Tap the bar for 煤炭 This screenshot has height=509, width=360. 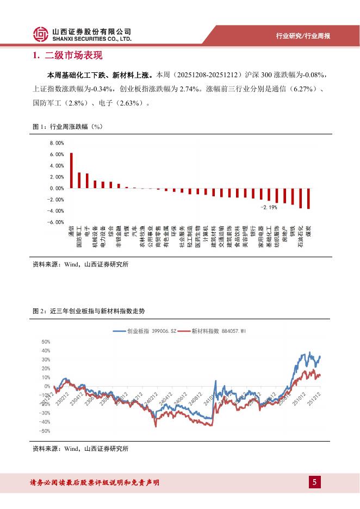tap(309, 198)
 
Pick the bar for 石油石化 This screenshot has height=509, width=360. tap(301, 198)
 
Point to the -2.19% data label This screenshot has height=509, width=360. tap(269, 207)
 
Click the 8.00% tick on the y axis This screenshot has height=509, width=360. tap(57, 143)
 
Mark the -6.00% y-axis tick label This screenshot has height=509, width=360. tap(56, 222)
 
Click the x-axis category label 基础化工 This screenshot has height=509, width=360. tap(269, 236)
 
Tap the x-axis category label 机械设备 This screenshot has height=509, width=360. tap(95, 236)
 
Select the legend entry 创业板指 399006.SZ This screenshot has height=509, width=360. tap(145, 330)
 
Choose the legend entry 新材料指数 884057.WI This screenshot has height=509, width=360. tap(213, 330)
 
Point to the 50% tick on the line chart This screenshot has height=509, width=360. tap(46, 342)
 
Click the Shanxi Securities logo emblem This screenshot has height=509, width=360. tap(39, 35)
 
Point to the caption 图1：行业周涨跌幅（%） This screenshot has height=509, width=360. tap(68, 127)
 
